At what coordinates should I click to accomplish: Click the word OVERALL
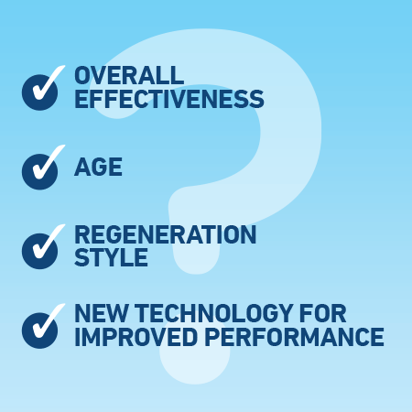tap(129, 75)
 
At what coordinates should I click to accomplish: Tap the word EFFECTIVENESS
tap(169, 99)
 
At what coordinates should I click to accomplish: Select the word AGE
tap(99, 168)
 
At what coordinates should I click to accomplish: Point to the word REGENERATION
tap(166, 235)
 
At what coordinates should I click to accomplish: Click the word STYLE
tap(111, 257)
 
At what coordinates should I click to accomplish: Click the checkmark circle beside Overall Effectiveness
tap(40, 89)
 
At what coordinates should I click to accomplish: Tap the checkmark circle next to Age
tap(40, 168)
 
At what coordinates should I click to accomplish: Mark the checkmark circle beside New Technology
tap(40, 326)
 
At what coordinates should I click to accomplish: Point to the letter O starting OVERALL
tap(84, 75)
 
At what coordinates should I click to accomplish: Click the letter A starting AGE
tap(83, 168)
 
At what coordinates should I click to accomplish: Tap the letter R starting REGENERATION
tap(83, 235)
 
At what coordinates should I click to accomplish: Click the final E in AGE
tap(116, 168)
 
